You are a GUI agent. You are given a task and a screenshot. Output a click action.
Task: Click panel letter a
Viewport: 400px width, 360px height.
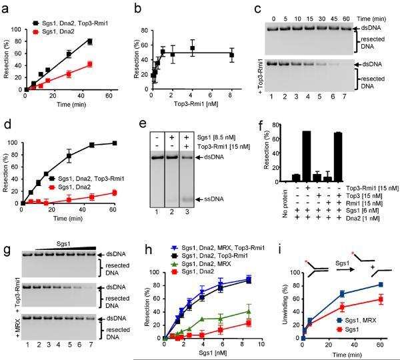pos(5,6)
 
